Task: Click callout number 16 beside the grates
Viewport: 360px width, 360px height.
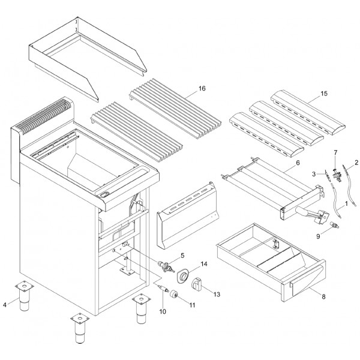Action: (x=202, y=89)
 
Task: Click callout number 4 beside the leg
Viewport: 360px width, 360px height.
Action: (x=5, y=305)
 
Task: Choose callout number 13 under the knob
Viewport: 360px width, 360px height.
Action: (x=217, y=294)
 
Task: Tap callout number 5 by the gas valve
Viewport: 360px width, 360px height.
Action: (x=174, y=255)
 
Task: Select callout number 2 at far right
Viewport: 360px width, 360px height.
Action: (x=356, y=162)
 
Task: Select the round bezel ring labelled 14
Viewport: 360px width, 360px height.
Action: (x=182, y=275)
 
